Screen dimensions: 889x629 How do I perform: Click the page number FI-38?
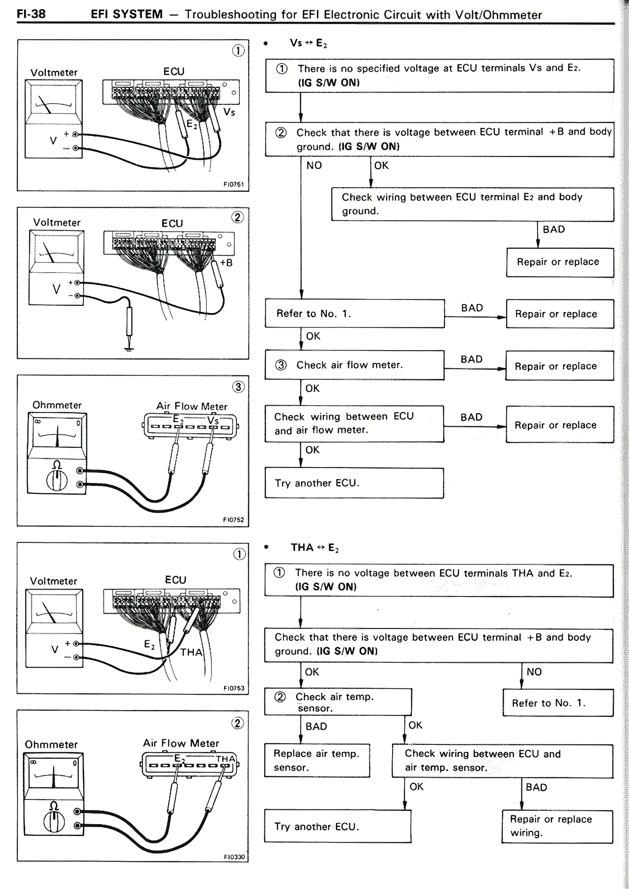(31, 14)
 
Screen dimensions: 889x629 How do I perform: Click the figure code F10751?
(233, 185)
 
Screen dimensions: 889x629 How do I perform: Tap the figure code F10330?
(233, 857)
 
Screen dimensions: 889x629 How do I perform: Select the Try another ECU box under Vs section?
(354, 483)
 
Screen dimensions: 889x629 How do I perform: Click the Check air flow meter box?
(354, 365)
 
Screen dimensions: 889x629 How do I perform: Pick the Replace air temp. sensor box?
(317, 760)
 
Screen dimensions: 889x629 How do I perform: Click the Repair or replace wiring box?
(557, 826)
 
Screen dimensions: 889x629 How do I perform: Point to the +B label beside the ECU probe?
(226, 263)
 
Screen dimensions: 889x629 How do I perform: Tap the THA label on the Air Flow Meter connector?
(226, 759)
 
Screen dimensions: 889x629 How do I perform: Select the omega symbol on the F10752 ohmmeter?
(57, 465)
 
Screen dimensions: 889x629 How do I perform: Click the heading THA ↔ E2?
(314, 548)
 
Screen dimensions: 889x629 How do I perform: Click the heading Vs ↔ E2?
(308, 43)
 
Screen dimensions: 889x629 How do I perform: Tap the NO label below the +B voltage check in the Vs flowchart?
(314, 166)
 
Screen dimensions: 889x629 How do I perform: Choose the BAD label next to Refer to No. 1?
(472, 308)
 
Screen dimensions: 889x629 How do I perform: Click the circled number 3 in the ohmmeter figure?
(238, 387)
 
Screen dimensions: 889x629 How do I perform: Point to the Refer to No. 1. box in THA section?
(558, 703)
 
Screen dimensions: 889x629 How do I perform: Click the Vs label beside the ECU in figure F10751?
(229, 112)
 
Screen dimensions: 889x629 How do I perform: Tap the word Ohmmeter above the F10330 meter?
(51, 744)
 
